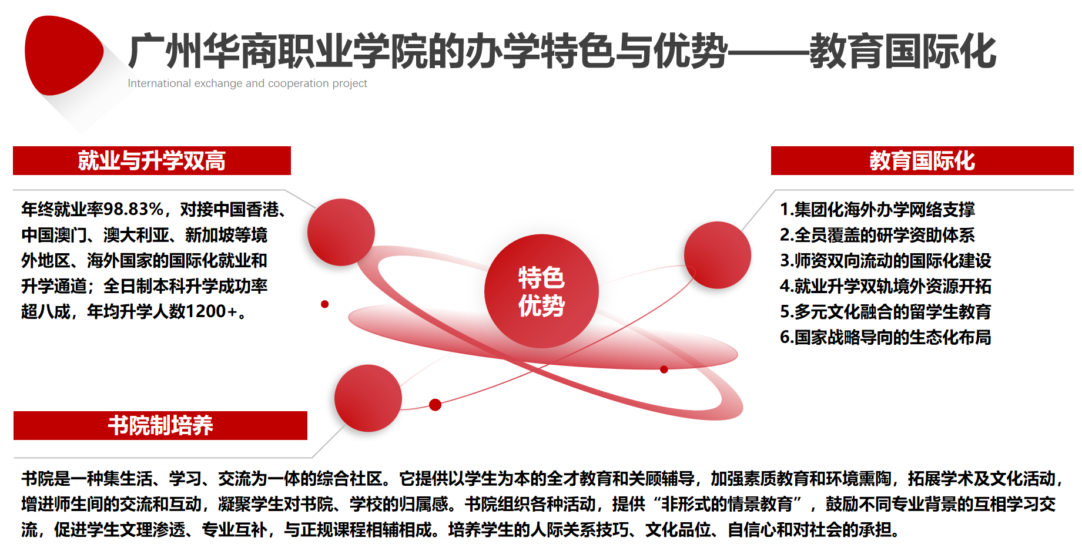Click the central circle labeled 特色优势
pos(541,291)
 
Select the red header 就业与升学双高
pos(152,160)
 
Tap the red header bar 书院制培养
pos(160,425)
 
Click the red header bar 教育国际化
pos(922,160)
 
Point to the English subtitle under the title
pos(247,83)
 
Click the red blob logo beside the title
pos(63,55)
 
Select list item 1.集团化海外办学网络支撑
pos(877,209)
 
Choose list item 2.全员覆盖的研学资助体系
pos(877,235)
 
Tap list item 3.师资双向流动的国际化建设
pos(885,260)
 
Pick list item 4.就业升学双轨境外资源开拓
pos(885,286)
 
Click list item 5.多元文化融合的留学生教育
pos(885,311)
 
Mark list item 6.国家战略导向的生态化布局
pos(885,337)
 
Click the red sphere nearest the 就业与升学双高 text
pos(341,232)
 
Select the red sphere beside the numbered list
pos(718,255)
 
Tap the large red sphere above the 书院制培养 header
pos(368,398)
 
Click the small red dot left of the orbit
pos(324,304)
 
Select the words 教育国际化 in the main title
pos(903,52)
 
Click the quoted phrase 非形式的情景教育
pos(727,504)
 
